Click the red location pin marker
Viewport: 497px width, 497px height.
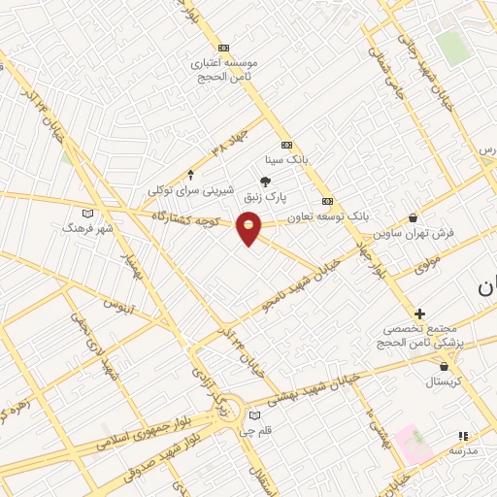pyautogui.click(x=249, y=227)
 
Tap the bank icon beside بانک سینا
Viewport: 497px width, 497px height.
pyautogui.click(x=286, y=145)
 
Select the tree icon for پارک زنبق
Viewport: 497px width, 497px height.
pyautogui.click(x=264, y=181)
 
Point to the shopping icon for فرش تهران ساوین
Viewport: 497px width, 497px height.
pyautogui.click(x=414, y=218)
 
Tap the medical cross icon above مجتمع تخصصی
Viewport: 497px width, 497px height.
pyautogui.click(x=419, y=314)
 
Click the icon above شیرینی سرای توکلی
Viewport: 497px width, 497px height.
pyautogui.click(x=190, y=175)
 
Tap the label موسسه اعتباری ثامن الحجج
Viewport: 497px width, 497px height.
pyautogui.click(x=225, y=67)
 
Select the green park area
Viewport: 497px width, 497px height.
pyautogui.click(x=452, y=48)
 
